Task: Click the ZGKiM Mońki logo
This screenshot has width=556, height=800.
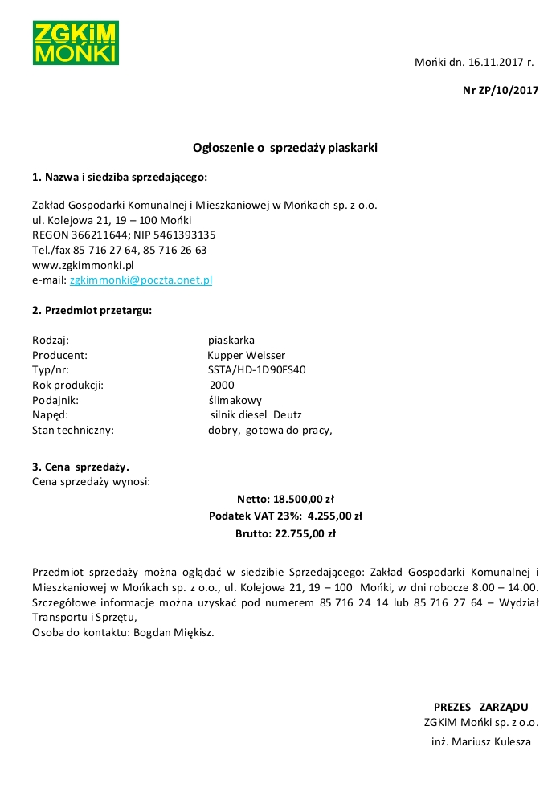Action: pyautogui.click(x=76, y=43)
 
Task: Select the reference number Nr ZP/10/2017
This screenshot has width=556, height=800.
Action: pyautogui.click(x=500, y=91)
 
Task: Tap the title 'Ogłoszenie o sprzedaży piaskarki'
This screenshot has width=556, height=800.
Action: pyautogui.click(x=285, y=148)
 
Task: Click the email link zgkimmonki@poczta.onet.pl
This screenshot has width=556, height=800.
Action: pyautogui.click(x=141, y=280)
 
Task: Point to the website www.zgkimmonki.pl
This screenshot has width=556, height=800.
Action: pyautogui.click(x=83, y=264)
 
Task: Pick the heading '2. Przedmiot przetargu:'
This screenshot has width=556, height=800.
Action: pyautogui.click(x=92, y=309)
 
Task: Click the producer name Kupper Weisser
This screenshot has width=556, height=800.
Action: pyautogui.click(x=246, y=355)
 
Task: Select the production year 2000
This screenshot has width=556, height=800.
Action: pyautogui.click(x=222, y=385)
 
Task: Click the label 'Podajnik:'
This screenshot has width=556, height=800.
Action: pyautogui.click(x=55, y=400)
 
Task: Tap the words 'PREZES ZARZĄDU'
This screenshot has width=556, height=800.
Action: pyautogui.click(x=480, y=707)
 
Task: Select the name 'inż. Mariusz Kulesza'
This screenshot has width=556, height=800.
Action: pyautogui.click(x=480, y=741)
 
